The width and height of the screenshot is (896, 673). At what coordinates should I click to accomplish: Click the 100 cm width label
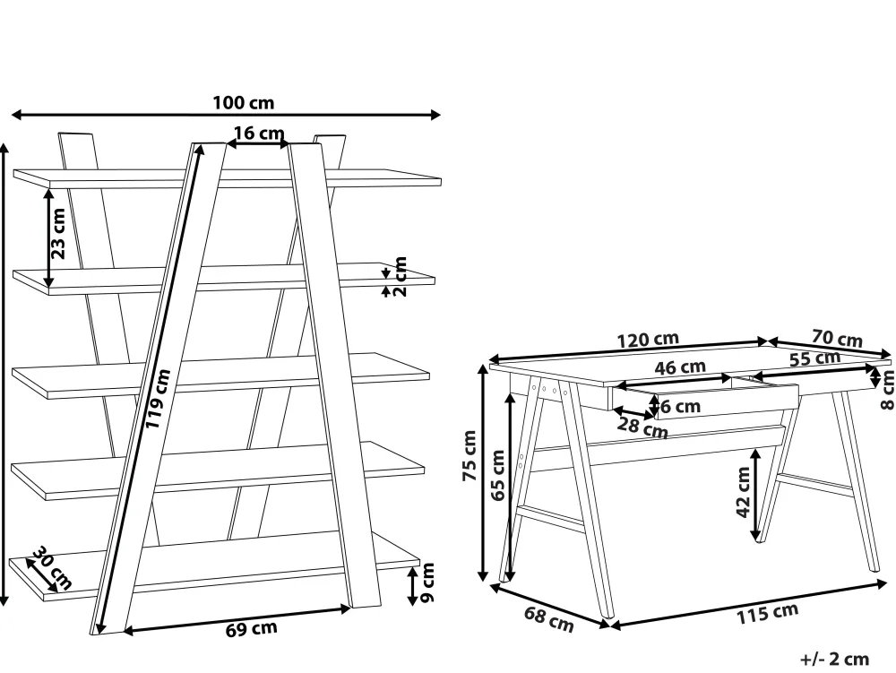pyautogui.click(x=244, y=103)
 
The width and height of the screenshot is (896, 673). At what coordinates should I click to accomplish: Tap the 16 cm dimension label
pyautogui.click(x=259, y=134)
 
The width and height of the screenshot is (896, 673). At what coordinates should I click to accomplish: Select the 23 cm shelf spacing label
pyautogui.click(x=58, y=233)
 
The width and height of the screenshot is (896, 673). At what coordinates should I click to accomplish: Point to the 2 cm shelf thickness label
pyautogui.click(x=400, y=276)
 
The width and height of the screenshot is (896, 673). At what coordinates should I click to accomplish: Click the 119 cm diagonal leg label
pyautogui.click(x=158, y=399)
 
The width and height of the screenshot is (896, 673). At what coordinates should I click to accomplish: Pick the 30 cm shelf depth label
pyautogui.click(x=52, y=566)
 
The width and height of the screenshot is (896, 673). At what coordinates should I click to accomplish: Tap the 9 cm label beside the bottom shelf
pyautogui.click(x=427, y=582)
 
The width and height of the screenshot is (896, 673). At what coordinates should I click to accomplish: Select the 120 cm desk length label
pyautogui.click(x=648, y=340)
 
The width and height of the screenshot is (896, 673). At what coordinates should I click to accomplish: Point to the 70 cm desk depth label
pyautogui.click(x=837, y=338)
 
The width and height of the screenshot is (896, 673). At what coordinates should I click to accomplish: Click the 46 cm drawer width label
pyautogui.click(x=680, y=367)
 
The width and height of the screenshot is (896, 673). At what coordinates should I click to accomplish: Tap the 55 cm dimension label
pyautogui.click(x=814, y=359)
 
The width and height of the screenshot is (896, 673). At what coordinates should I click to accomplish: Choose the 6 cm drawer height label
pyautogui.click(x=680, y=406)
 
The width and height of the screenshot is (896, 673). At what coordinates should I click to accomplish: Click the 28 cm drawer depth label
pyautogui.click(x=642, y=427)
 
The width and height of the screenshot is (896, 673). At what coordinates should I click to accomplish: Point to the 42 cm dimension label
pyautogui.click(x=742, y=492)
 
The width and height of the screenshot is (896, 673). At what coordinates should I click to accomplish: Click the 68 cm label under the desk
pyautogui.click(x=548, y=619)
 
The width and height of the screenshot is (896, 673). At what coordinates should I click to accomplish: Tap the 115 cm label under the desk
pyautogui.click(x=767, y=613)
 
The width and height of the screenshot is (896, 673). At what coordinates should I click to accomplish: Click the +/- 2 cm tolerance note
pyautogui.click(x=835, y=659)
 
